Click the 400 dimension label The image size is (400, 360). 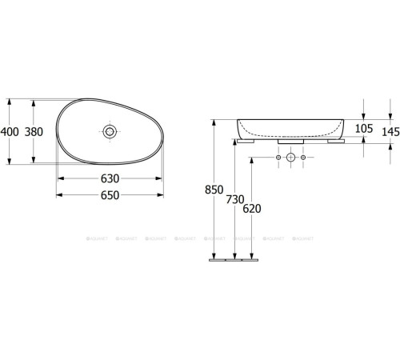tap(10, 131)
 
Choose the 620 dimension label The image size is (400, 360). tap(252, 207)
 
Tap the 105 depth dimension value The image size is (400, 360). tap(364, 129)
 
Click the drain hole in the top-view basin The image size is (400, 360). tap(110, 130)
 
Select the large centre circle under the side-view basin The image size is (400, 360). tap(291, 158)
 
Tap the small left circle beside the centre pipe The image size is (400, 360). tap(278, 158)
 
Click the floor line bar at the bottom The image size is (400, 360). tap(234, 259)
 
